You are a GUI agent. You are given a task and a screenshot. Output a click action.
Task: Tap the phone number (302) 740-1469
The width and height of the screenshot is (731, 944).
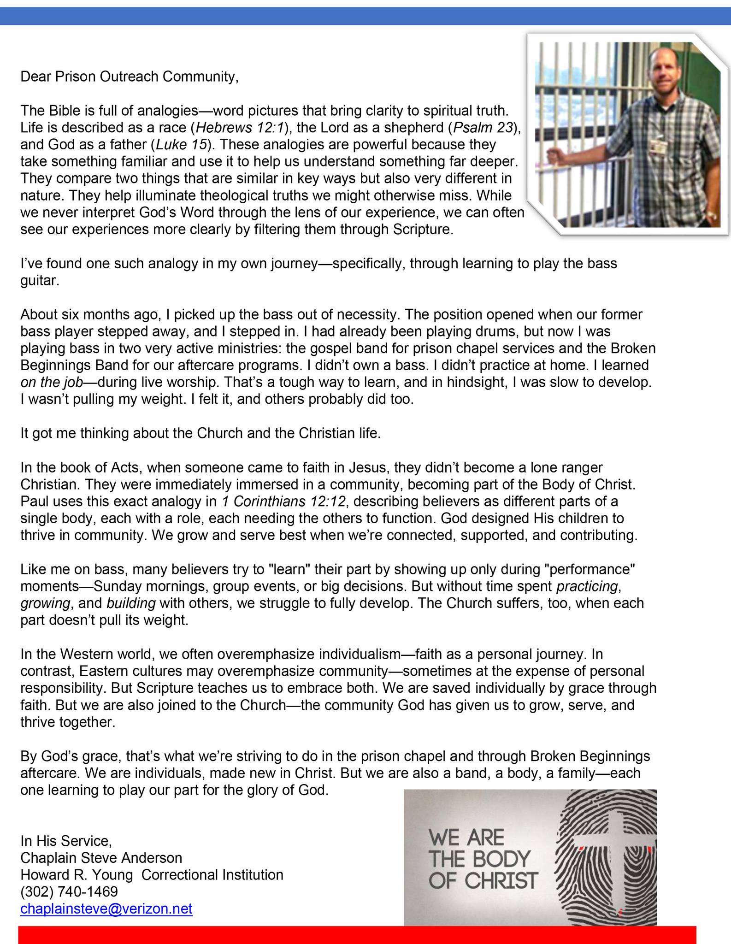click(x=69, y=891)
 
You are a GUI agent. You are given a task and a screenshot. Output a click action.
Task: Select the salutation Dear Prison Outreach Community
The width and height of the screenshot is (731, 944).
click(x=129, y=76)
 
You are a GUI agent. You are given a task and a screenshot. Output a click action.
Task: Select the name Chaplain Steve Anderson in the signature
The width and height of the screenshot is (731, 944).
click(x=101, y=857)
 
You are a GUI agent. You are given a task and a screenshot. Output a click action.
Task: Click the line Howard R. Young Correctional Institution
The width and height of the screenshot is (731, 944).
click(x=152, y=874)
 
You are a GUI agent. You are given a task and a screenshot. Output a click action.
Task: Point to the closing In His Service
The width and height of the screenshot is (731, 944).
click(x=66, y=841)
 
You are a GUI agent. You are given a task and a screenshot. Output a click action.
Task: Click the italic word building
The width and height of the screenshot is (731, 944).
click(x=131, y=603)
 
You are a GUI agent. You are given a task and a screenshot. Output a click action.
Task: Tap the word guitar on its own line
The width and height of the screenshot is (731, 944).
click(x=40, y=281)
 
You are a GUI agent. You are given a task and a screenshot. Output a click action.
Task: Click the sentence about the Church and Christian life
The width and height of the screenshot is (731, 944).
click(x=200, y=433)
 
